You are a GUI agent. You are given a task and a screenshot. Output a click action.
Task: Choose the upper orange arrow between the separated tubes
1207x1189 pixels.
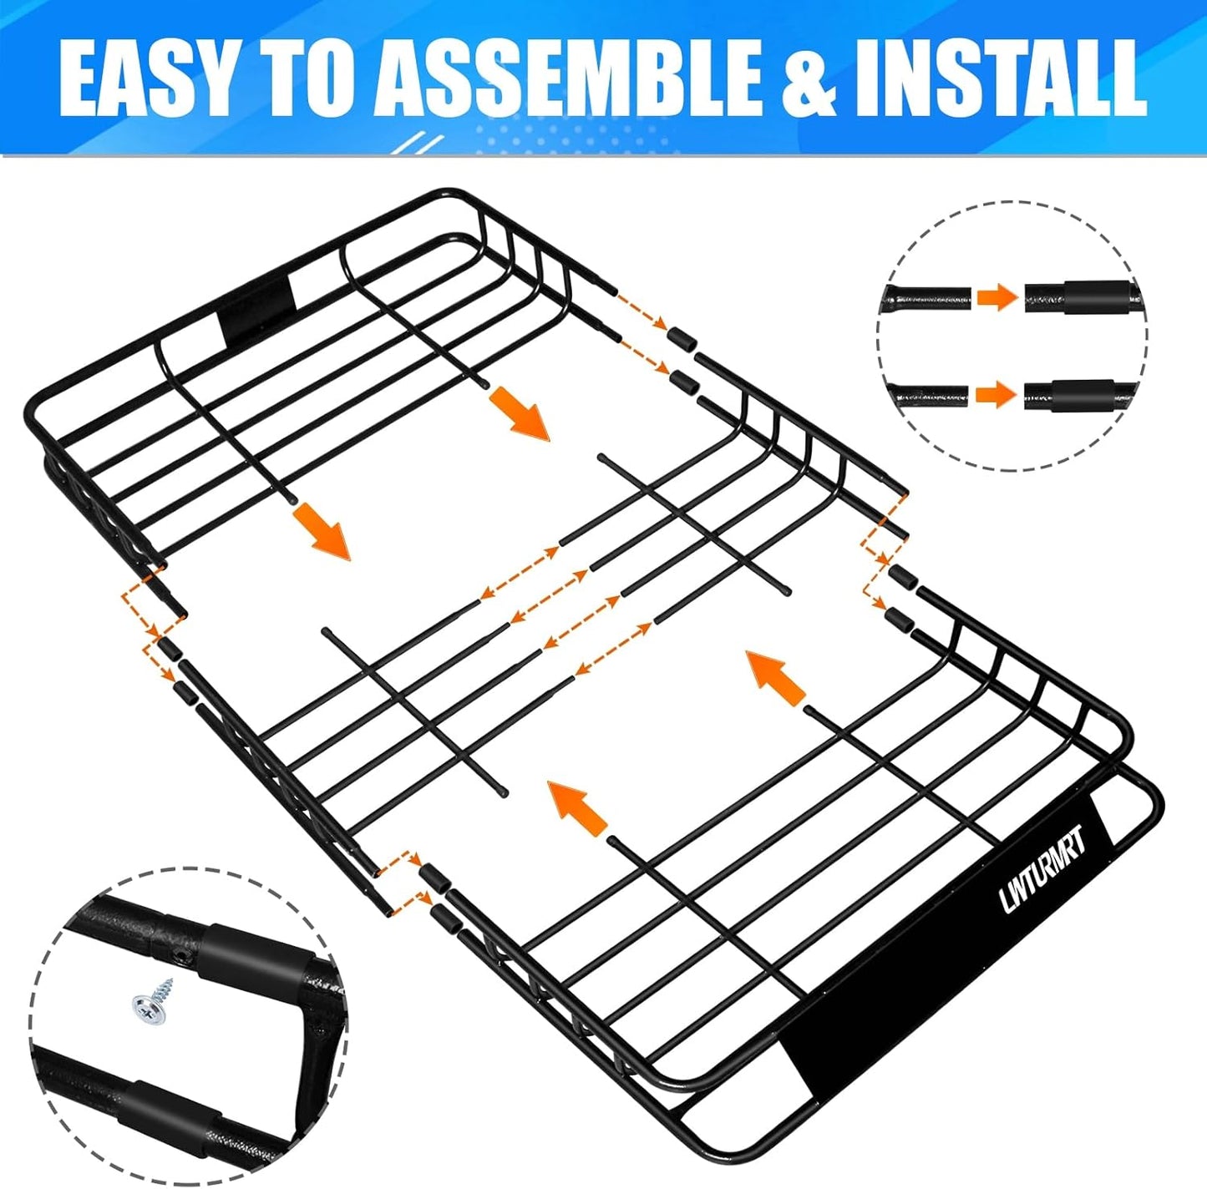997,296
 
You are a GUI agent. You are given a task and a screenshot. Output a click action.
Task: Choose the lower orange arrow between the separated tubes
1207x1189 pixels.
996,393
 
